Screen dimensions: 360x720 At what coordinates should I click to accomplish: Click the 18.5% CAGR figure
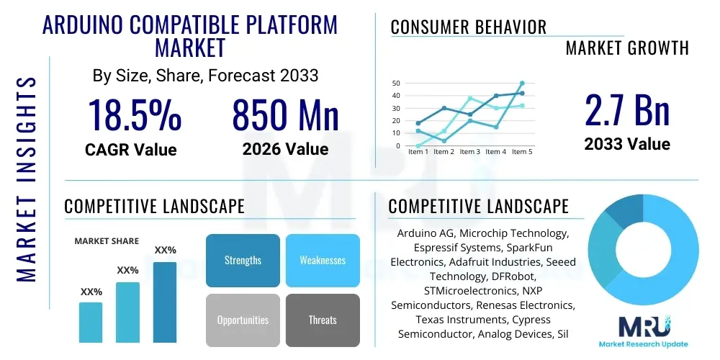point(134,115)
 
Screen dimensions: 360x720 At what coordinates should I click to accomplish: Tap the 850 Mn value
point(285,115)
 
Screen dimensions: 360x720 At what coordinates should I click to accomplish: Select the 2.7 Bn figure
point(626,110)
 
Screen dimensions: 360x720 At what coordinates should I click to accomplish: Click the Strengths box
point(243,260)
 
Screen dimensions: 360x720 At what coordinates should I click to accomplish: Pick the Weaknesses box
point(323,260)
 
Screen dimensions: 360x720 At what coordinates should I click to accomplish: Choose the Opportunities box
point(243,320)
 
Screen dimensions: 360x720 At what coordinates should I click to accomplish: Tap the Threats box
point(323,320)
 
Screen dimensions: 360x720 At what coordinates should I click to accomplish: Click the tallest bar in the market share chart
point(165,302)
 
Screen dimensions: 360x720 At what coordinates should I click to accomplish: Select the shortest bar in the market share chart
point(91,322)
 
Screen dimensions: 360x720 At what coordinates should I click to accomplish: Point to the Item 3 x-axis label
point(469,152)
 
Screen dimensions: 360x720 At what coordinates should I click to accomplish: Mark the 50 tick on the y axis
point(395,84)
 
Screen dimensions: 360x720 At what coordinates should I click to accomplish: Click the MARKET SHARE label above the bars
point(107,241)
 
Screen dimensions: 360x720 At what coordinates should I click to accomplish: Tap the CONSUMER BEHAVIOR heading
point(469,27)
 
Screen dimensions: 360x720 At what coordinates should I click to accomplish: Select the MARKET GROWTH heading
point(627,48)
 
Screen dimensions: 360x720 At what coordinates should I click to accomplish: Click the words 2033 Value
point(627,144)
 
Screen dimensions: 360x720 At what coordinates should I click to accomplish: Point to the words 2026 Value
point(285,149)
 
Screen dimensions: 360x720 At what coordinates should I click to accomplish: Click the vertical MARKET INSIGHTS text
point(27,178)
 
